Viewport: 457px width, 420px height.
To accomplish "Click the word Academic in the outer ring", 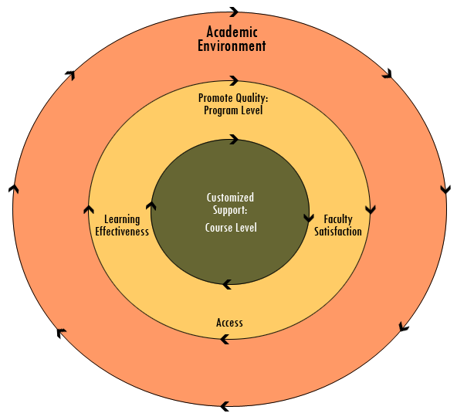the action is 232,32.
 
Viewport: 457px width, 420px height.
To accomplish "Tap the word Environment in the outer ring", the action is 232,46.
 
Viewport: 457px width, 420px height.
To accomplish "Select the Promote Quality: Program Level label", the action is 233,104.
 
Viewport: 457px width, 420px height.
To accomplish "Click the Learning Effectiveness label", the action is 122,225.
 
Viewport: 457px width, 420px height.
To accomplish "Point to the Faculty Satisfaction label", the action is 338,225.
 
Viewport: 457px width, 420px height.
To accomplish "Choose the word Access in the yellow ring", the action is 230,323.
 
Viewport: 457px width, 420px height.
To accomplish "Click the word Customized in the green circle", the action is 230,198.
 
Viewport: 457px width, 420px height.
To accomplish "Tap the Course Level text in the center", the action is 231,228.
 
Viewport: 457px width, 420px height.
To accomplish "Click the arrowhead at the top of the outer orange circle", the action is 234,12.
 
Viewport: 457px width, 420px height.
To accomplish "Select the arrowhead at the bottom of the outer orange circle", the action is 225,406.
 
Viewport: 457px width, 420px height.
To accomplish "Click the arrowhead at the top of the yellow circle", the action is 234,80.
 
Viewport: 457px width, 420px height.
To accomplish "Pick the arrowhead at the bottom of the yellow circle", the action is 225,339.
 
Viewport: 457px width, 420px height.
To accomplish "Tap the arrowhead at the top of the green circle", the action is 234,139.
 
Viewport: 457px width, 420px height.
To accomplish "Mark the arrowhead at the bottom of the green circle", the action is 227,284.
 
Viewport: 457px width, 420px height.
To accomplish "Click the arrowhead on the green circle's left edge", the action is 151,206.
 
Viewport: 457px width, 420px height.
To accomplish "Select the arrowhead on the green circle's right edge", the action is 309,218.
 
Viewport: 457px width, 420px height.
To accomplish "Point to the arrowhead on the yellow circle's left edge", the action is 89,209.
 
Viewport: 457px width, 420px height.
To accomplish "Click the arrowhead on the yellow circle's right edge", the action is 370,209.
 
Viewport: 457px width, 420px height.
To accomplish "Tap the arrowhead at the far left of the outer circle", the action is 13,189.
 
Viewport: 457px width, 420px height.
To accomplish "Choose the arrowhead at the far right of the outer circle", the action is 445,189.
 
